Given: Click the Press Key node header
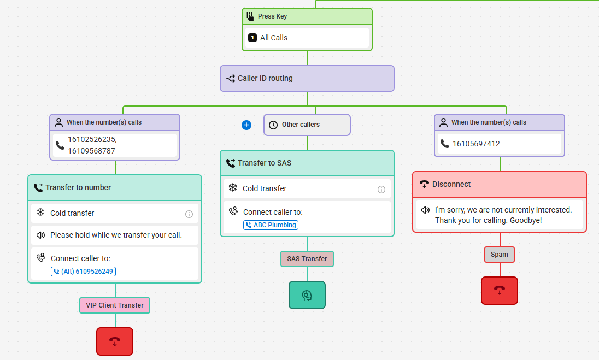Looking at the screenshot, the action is click(307, 16).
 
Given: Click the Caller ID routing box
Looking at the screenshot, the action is click(307, 78).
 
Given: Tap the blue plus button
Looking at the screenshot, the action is click(246, 125).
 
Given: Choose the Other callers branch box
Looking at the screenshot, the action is click(307, 125).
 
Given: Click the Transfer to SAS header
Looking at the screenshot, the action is click(307, 163).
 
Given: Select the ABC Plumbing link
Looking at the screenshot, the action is click(271, 225).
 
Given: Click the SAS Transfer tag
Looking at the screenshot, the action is click(307, 259).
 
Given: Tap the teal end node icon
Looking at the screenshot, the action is click(307, 295).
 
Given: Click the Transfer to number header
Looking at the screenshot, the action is click(115, 187).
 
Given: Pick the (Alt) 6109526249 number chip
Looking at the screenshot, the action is click(83, 272).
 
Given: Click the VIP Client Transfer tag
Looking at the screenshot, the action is click(115, 305).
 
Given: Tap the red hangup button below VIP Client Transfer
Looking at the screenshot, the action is click(115, 341).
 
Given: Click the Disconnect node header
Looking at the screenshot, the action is click(500, 185).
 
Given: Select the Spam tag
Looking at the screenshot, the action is click(500, 255).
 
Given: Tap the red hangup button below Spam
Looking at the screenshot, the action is click(500, 291).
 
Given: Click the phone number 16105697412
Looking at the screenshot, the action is click(476, 144).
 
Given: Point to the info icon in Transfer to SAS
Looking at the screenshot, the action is click(381, 190).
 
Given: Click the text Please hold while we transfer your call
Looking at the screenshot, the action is click(116, 235).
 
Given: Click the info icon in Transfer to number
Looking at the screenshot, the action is click(189, 214).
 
